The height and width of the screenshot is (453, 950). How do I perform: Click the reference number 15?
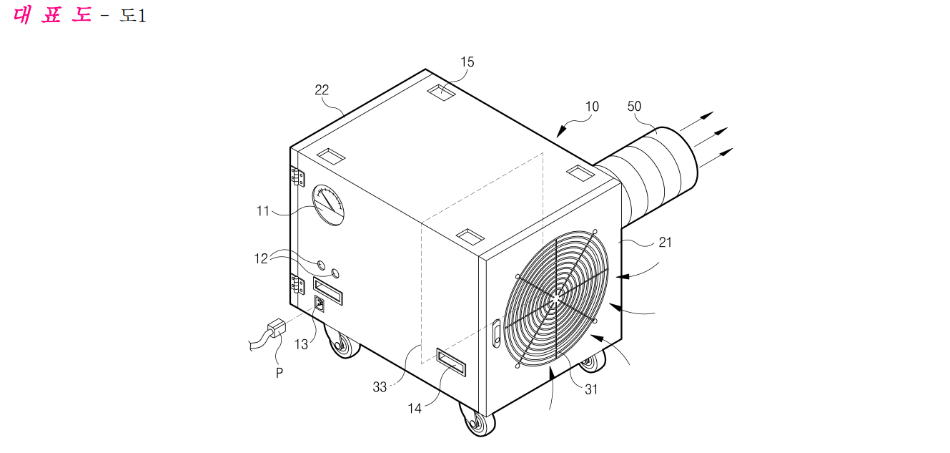[467, 62]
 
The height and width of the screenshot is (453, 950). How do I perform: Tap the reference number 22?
[322, 89]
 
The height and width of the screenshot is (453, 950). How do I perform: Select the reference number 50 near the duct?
[634, 106]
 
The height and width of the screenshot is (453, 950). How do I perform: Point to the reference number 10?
[592, 106]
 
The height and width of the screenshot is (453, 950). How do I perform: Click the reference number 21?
[665, 243]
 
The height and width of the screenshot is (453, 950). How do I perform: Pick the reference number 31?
[591, 389]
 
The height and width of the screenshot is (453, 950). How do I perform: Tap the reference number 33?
[380, 387]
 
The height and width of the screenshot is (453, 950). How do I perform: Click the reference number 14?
[415, 409]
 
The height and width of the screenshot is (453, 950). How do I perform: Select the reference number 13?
[301, 344]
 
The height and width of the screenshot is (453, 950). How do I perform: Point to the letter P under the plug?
[279, 373]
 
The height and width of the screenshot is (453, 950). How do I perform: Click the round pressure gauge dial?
[328, 205]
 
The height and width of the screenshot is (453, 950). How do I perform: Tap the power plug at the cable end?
[276, 327]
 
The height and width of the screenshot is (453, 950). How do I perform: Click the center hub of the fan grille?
[555, 299]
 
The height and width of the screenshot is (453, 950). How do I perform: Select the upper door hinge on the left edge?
[297, 176]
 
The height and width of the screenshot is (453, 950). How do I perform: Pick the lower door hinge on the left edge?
[297, 284]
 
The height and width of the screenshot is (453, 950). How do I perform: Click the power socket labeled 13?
[320, 303]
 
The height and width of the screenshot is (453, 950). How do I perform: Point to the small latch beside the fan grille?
[497, 333]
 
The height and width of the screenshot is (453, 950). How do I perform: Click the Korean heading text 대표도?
[52, 15]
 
